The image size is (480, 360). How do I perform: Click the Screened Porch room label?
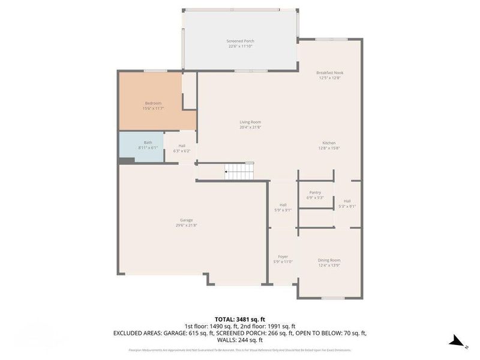click(240, 41)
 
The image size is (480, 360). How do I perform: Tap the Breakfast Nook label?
click(329, 73)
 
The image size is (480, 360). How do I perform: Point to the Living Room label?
click(250, 122)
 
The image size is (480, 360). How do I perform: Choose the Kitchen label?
click(329, 143)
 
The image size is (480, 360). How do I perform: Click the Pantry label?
click(315, 193)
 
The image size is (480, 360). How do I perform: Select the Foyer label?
click(283, 256)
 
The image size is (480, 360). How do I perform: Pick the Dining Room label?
click(329, 260)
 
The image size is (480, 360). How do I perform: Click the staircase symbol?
click(239, 173)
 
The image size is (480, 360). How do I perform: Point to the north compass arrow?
click(457, 341)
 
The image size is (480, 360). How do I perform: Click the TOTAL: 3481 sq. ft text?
click(240, 319)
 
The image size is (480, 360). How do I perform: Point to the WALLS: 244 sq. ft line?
click(240, 340)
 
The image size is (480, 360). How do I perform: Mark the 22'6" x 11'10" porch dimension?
click(240, 46)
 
